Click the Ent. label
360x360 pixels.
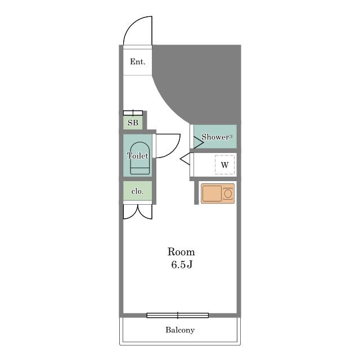pos(138,62)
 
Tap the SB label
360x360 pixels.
pos(133,123)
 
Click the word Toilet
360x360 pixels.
pos(137,156)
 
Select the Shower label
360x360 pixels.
pos(215,137)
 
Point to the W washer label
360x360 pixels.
pos(224,165)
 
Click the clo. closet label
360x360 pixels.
pos(137,191)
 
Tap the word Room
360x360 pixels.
pos(181,252)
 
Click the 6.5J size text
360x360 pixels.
pos(182,264)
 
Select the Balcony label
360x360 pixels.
pos(180,330)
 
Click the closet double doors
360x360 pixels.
pos(138,211)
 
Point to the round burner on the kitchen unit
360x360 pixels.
pos(228,193)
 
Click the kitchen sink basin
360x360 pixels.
pos(212,193)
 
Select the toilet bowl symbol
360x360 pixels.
pos(140,158)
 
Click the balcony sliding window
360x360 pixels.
pos(178,316)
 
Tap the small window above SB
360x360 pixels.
pos(133,113)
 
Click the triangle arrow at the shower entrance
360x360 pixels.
pos(199,142)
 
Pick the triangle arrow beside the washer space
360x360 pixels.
pos(185,159)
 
